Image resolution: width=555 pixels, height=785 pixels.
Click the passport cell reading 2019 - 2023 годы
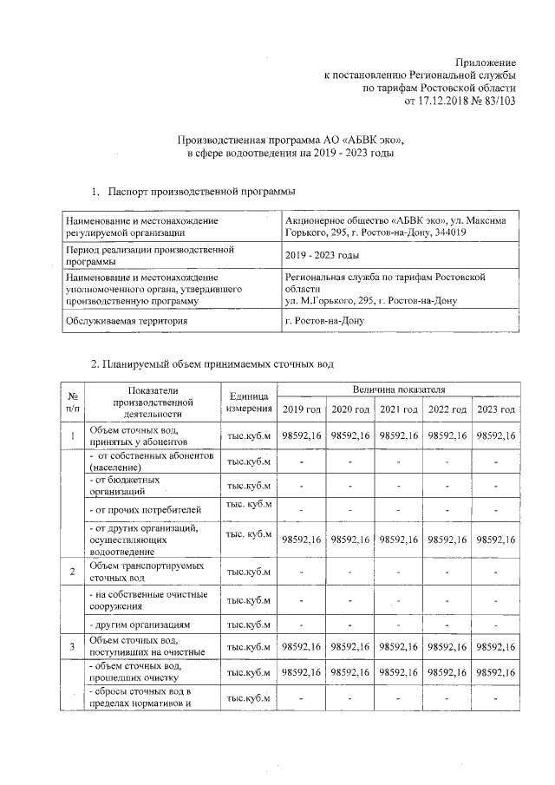[x=321, y=255]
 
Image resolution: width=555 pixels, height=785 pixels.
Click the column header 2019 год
[x=302, y=409]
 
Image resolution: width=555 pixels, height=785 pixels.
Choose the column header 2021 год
[x=400, y=409]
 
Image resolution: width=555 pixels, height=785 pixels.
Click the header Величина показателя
[x=399, y=391]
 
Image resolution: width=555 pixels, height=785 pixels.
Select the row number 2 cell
[x=72, y=572]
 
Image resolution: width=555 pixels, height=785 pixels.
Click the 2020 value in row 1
[x=350, y=435]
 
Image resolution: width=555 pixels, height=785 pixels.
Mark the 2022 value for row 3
[x=448, y=646]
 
